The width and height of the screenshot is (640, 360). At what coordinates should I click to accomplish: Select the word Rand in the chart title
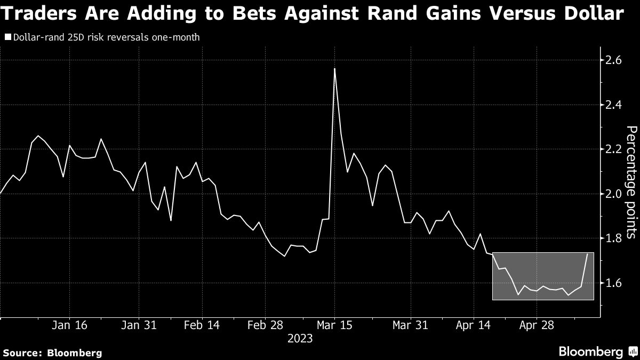[387, 14]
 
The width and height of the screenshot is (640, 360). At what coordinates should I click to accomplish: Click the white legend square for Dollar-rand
[7, 38]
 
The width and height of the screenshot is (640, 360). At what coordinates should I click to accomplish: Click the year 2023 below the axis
[301, 338]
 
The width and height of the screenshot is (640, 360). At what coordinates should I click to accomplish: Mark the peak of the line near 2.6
[334, 69]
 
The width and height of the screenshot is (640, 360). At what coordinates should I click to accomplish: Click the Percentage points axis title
[631, 181]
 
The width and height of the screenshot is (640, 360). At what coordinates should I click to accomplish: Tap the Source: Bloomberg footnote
[52, 353]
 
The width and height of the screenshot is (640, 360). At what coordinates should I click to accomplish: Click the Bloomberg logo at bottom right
[596, 351]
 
